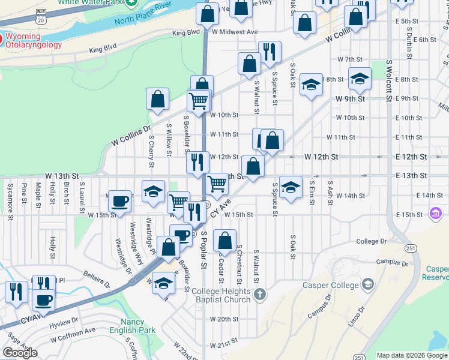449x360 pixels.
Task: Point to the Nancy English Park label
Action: (132, 326)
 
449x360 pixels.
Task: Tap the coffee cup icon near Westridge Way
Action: (120, 201)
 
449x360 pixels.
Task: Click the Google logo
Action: (20, 353)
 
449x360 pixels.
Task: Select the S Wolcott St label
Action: (389, 78)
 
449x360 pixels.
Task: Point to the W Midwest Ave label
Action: (234, 32)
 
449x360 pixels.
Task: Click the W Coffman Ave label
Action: (73, 331)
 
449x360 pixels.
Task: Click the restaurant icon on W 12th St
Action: (197, 161)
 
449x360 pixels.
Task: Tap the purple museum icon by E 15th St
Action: (436, 213)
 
